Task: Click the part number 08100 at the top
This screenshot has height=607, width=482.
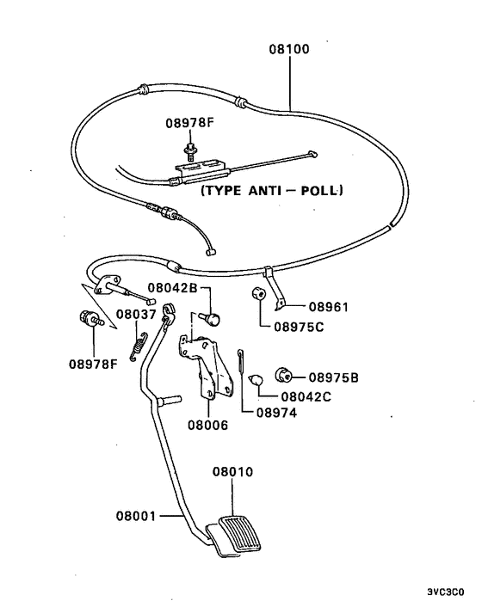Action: (289, 50)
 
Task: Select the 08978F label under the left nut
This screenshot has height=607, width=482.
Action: (93, 363)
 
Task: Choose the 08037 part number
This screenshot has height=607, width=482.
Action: (137, 315)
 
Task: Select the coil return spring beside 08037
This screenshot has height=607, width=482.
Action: (133, 344)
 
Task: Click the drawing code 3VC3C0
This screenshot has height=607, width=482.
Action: (445, 592)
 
